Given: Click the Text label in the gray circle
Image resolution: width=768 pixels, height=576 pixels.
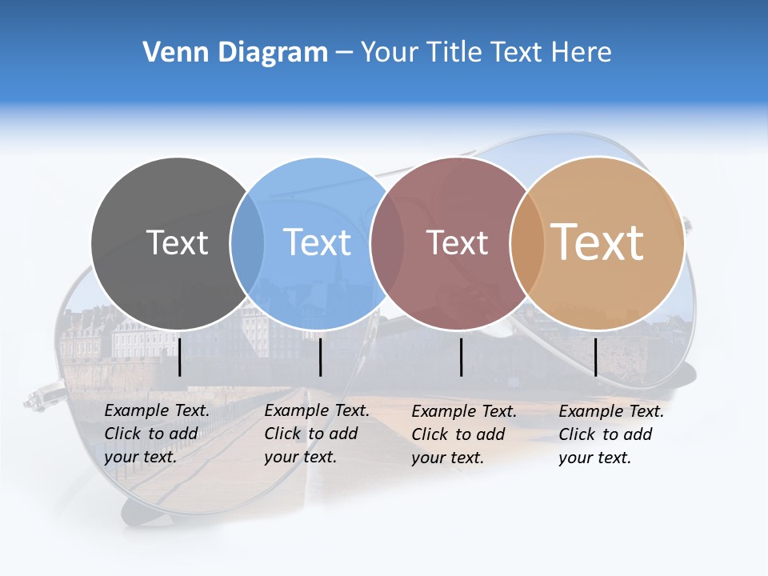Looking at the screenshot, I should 177,242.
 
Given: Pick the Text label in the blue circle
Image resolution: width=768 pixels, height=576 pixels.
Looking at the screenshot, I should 317,242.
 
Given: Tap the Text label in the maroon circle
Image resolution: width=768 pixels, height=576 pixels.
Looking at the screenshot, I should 457,242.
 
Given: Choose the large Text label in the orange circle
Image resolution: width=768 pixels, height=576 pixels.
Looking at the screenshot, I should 598,242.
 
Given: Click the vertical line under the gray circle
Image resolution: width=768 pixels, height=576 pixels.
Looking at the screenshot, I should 180,357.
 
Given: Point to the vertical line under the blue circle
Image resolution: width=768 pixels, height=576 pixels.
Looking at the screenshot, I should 320,357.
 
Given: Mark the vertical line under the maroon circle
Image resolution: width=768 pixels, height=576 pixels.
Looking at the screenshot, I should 462,357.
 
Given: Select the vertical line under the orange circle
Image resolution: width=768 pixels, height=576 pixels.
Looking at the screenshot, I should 596,357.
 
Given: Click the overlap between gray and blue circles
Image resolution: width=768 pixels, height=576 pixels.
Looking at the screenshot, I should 247,243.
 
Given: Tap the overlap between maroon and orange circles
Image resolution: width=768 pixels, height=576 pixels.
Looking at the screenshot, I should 527,243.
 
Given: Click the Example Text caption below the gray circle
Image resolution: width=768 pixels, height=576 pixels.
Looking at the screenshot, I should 156,434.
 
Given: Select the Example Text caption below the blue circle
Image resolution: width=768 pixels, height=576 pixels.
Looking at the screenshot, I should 316,434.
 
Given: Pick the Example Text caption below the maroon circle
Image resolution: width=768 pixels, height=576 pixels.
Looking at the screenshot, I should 463,434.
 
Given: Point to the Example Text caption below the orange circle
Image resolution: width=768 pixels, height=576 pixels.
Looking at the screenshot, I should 610,434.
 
